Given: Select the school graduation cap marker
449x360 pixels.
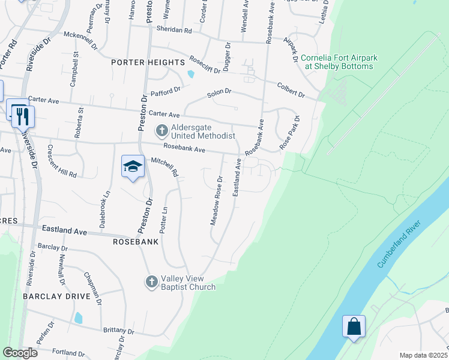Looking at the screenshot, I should (x=133, y=167).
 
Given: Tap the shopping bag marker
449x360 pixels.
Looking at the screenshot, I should (x=354, y=327).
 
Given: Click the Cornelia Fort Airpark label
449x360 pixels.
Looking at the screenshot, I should (x=339, y=62).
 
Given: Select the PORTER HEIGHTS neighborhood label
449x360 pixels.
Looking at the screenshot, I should (x=148, y=62).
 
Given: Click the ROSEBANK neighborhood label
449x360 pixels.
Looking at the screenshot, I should (x=136, y=242).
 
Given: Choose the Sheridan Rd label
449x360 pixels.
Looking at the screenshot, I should (x=174, y=30).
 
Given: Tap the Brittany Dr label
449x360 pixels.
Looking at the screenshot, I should (x=118, y=331).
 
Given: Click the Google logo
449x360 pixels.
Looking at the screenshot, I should (x=20, y=353).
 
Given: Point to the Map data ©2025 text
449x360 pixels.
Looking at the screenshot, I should (x=424, y=355).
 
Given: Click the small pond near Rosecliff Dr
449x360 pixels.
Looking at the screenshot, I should (x=191, y=74).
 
